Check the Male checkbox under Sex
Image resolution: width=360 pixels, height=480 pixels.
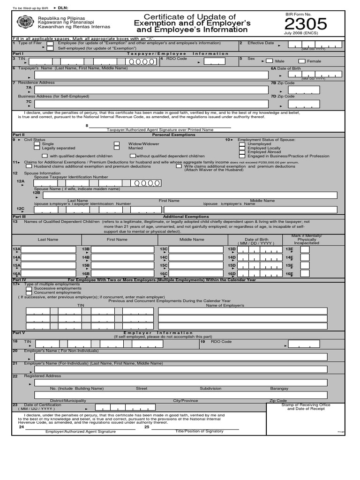269,61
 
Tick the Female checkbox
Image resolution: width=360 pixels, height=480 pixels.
302,61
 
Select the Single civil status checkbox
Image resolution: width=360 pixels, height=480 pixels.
37,144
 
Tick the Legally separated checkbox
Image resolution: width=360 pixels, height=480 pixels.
37,148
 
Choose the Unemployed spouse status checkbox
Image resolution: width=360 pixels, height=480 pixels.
241,144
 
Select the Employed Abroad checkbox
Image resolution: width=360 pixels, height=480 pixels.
241,152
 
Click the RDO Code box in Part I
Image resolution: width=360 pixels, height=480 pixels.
214,61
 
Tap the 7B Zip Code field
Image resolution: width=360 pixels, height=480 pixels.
304,90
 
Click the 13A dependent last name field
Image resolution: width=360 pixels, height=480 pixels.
49,250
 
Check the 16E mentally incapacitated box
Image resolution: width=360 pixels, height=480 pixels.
305,274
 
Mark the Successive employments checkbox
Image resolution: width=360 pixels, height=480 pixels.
29,288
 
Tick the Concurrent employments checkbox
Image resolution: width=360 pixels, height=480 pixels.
29,292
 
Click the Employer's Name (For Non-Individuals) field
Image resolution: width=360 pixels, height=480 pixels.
184,357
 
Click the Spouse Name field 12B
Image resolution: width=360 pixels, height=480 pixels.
189,195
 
